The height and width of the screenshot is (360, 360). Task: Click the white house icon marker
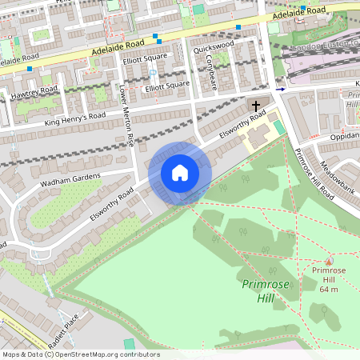(x=180, y=173)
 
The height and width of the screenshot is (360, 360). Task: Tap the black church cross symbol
(x=257, y=106)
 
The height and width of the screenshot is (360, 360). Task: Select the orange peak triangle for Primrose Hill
(x=328, y=261)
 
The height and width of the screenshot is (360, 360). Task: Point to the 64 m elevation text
(x=329, y=289)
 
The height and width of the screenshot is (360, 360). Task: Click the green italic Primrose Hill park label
(x=260, y=291)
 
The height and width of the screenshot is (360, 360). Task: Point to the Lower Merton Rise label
(x=126, y=116)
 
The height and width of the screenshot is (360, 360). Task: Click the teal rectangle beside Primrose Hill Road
(x=278, y=127)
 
